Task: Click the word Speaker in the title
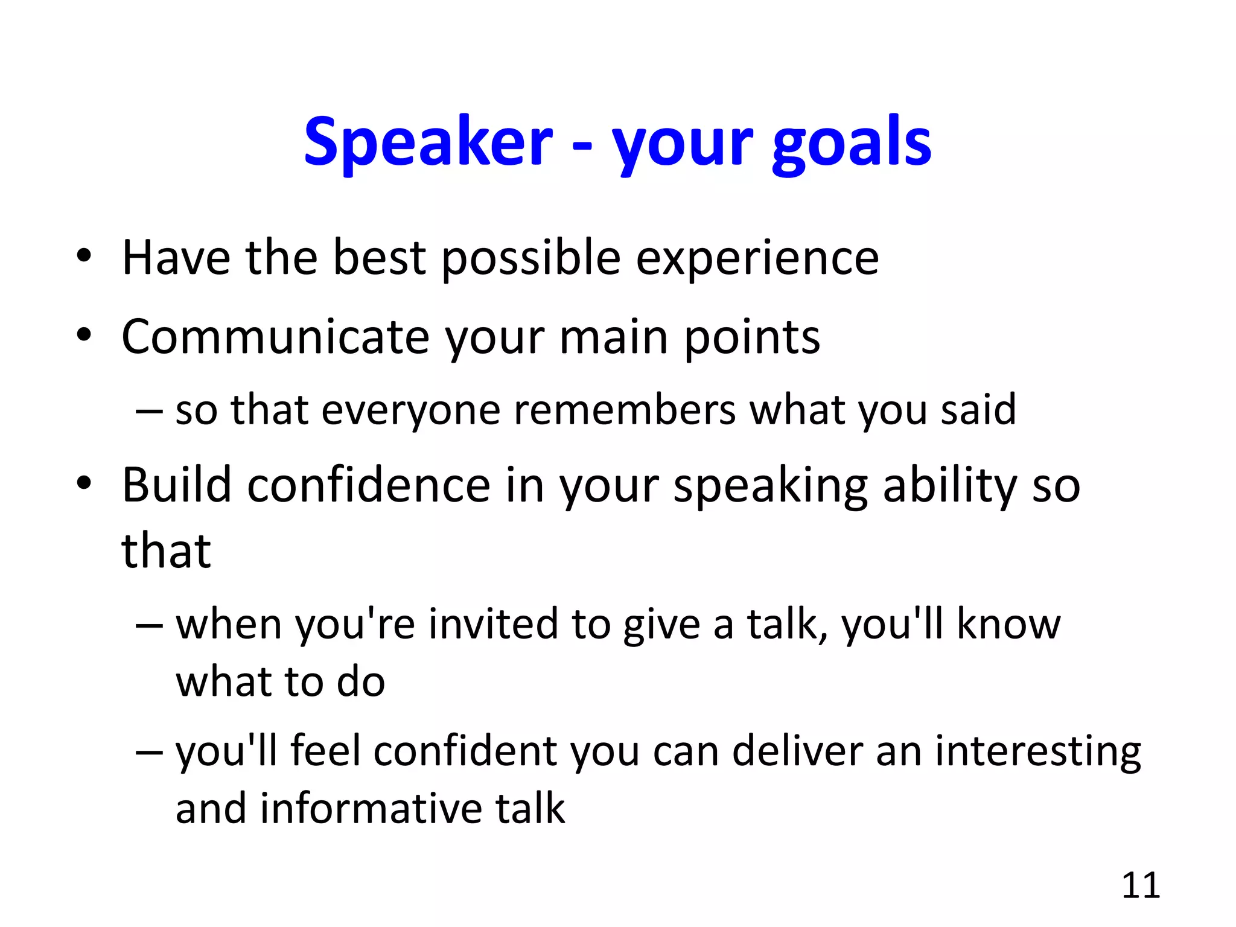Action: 428,142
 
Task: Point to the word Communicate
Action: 275,336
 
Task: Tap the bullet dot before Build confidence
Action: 84,483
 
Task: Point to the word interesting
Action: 1038,753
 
